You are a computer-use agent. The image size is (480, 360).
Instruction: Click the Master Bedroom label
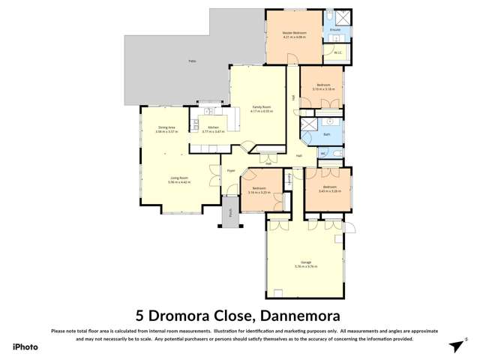pyautogui.click(x=295, y=33)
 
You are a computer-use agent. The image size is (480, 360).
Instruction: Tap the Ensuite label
pyautogui.click(x=335, y=30)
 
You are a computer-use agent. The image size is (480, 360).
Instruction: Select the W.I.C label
pyautogui.click(x=337, y=52)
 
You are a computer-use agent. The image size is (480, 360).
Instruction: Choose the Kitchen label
pyautogui.click(x=214, y=127)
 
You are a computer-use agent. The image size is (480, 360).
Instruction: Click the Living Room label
pyautogui.click(x=178, y=178)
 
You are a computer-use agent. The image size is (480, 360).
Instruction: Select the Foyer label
pyautogui.click(x=231, y=171)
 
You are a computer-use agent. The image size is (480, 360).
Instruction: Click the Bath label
pyautogui.click(x=326, y=134)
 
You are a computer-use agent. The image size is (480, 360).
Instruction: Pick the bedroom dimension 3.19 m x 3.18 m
pyautogui.click(x=322, y=88)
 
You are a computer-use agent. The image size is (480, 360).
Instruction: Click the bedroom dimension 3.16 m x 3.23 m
pyautogui.click(x=258, y=192)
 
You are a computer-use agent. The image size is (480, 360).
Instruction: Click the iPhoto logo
pyautogui.click(x=25, y=346)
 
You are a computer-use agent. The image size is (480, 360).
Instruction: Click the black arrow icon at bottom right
pyautogui.click(x=454, y=346)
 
